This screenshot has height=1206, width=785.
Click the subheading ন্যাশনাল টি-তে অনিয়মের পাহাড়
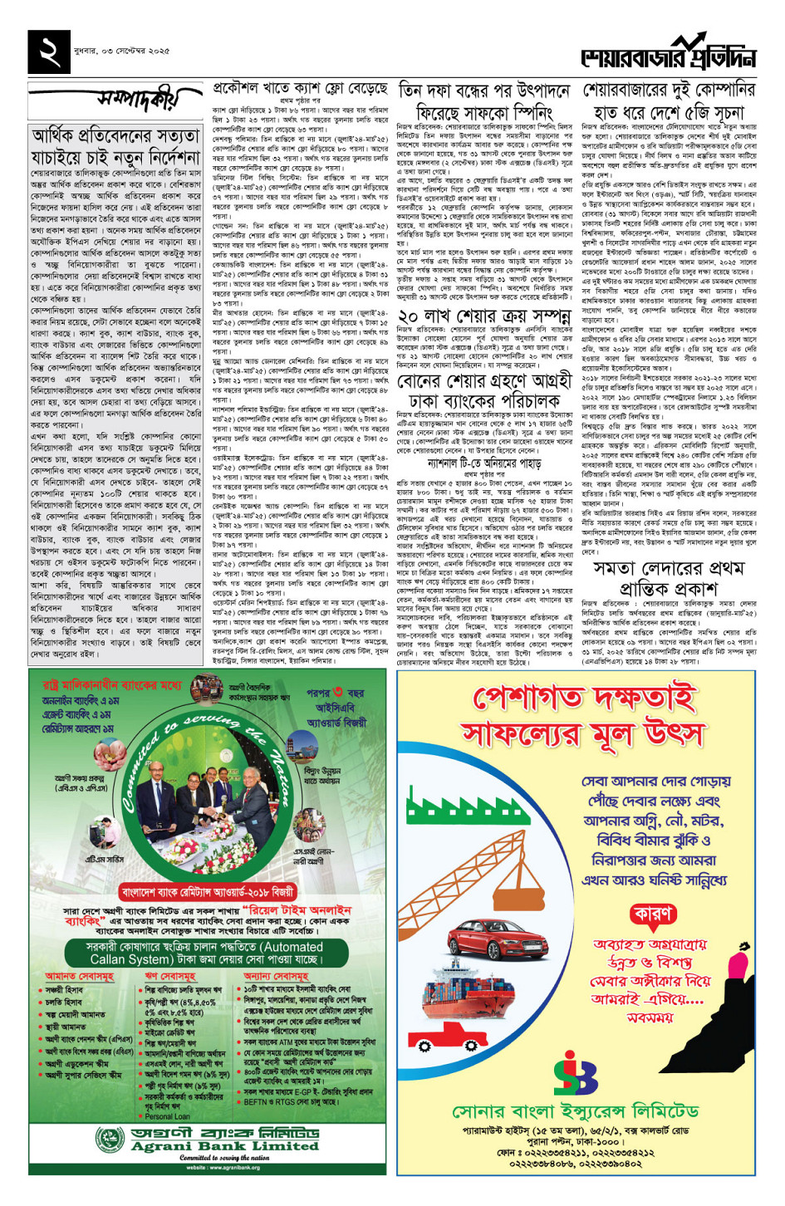click(484, 462)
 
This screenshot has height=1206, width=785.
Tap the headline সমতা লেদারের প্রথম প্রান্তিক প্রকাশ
click(668, 578)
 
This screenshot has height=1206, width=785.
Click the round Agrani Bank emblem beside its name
click(110, 1140)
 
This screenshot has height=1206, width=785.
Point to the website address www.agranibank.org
click(207, 1167)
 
